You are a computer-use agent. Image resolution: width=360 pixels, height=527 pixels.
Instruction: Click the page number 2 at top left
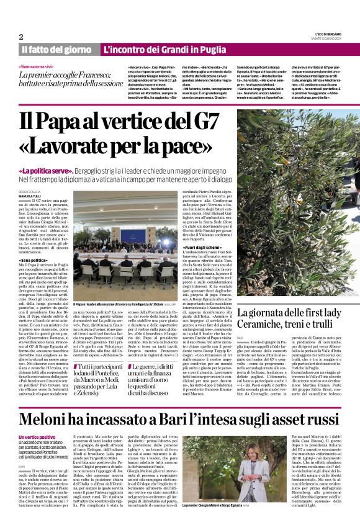(22, 37)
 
